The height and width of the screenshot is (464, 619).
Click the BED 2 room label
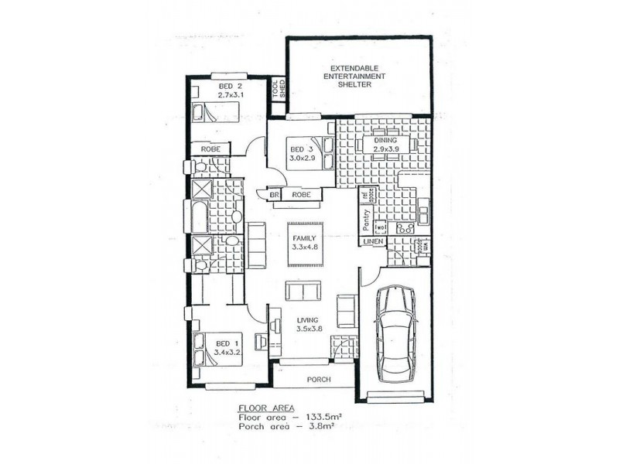[230, 86]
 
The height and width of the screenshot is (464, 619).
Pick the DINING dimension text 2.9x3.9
[385, 149]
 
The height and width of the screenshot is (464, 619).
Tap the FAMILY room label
[303, 229]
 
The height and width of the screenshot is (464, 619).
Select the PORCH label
[318, 380]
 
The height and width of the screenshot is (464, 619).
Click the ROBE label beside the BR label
[301, 195]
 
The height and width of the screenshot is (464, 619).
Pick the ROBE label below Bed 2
[211, 148]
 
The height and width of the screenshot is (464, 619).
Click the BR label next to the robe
[274, 195]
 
